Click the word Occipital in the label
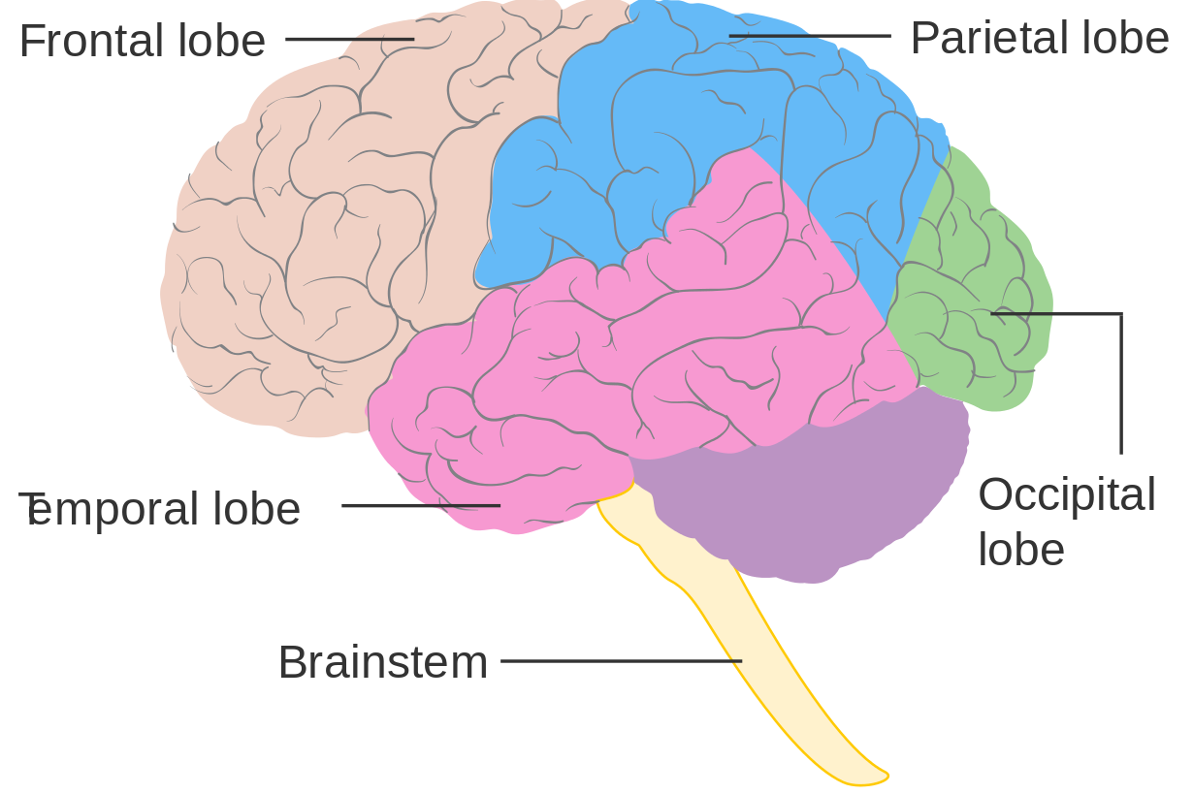(x=1066, y=495)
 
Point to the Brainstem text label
(x=382, y=663)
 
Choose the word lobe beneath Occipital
(x=1020, y=550)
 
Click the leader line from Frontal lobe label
(x=349, y=40)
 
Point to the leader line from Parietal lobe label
(x=810, y=36)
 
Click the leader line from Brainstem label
(x=621, y=661)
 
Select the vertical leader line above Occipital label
(x=1121, y=388)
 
